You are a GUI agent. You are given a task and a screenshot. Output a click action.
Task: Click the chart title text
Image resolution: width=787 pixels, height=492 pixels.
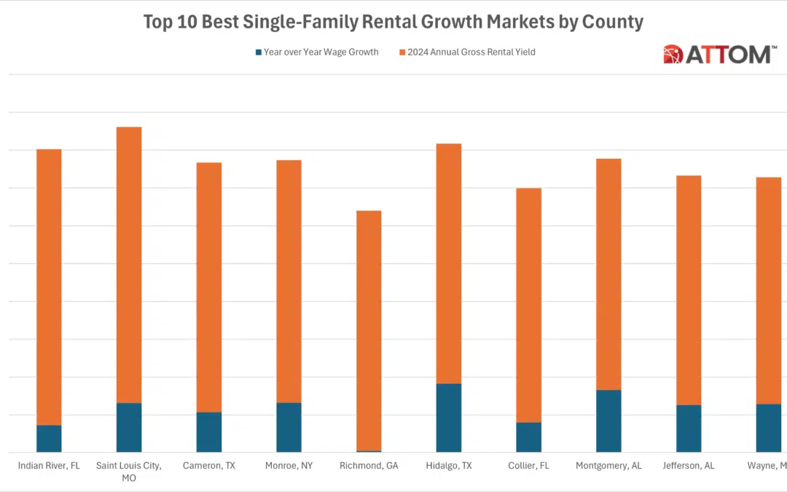click(393, 22)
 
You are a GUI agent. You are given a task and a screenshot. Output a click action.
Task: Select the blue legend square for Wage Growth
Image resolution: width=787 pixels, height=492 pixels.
click(258, 52)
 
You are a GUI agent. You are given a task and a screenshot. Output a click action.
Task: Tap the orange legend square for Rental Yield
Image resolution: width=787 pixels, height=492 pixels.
click(402, 52)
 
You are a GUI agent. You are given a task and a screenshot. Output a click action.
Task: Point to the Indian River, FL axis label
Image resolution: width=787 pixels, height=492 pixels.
click(49, 465)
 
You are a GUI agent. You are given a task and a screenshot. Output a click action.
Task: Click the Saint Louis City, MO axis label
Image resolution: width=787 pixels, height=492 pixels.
click(129, 471)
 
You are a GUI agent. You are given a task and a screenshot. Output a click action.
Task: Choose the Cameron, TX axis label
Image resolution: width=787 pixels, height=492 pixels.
click(208, 465)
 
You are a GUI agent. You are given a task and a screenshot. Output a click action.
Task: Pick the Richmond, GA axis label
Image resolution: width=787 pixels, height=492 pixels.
click(369, 465)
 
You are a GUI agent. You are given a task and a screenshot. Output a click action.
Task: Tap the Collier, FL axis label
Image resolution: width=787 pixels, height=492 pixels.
click(528, 465)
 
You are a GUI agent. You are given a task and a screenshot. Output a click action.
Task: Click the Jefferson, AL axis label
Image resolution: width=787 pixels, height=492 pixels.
click(689, 465)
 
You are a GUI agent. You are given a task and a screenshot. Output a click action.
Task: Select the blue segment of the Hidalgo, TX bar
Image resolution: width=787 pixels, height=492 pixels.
click(449, 418)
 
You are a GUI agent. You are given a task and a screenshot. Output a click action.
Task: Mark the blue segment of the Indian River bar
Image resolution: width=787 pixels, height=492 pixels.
click(49, 439)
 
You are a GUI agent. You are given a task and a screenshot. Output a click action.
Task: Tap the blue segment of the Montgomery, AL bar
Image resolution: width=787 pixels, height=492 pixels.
click(608, 421)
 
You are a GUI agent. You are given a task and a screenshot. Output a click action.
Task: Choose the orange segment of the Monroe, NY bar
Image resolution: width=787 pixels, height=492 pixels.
click(289, 281)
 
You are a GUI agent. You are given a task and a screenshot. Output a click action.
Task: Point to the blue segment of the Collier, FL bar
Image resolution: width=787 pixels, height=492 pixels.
click(528, 437)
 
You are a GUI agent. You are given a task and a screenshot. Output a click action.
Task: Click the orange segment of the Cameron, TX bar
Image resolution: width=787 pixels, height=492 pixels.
click(208, 287)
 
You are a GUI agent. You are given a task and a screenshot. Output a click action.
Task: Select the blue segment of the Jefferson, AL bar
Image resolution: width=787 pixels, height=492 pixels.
click(689, 429)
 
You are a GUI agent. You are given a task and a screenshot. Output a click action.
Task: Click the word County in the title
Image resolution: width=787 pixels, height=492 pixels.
click(612, 22)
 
